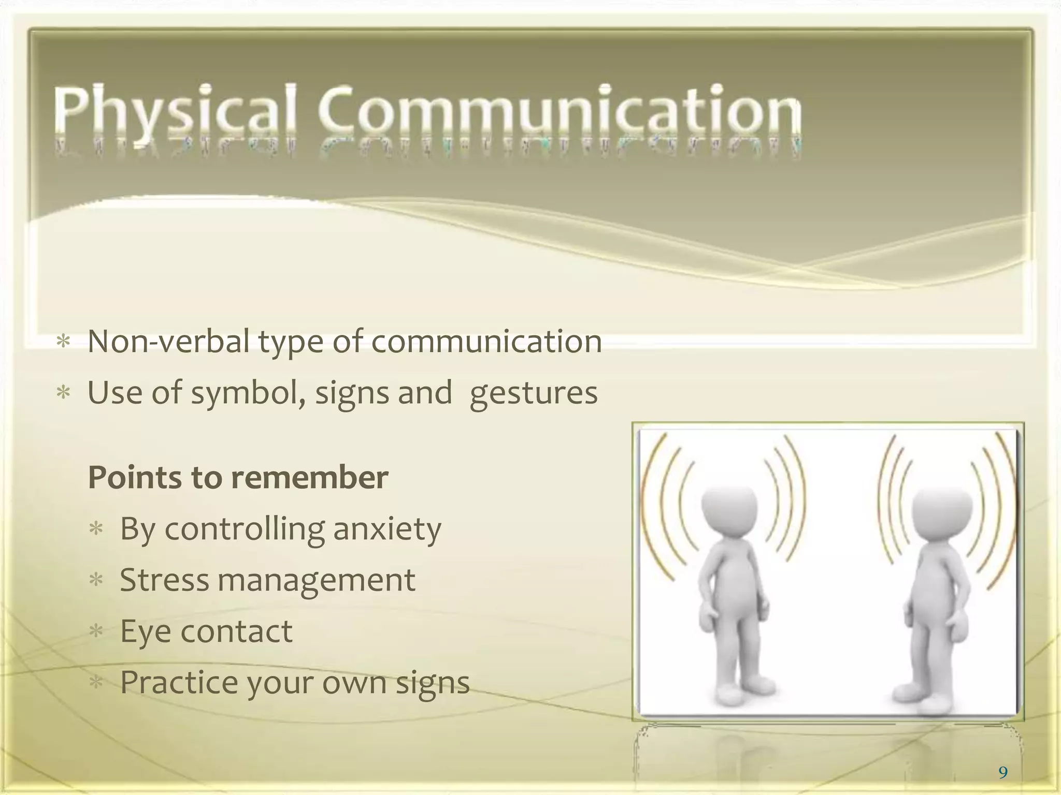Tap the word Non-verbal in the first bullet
coord(169,342)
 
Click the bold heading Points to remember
coord(238,477)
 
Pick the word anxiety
coord(387,529)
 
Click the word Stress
coord(164,580)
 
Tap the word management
coord(316,581)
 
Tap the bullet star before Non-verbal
coord(63,342)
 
